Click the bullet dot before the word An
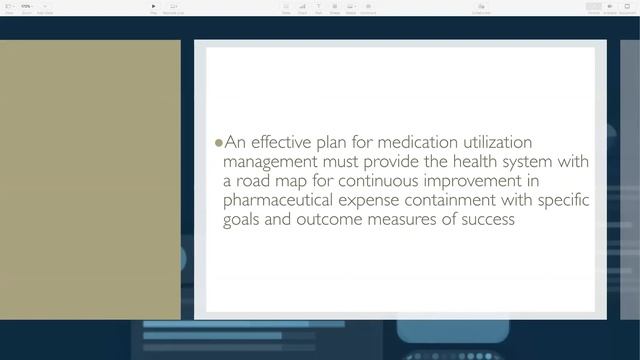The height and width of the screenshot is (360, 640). [219, 143]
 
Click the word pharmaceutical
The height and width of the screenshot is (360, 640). [280, 200]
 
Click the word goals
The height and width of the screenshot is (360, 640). [243, 219]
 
